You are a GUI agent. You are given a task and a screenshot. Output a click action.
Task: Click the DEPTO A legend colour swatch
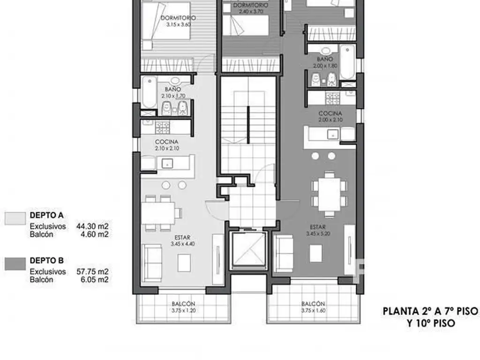coord(15,219)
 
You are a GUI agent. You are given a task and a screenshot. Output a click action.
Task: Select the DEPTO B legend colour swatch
coord(15,264)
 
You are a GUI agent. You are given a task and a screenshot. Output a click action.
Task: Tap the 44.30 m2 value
coord(92,226)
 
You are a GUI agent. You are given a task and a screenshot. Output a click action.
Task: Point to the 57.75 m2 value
coord(92,271)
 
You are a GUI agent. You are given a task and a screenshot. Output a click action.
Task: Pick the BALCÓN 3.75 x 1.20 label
coord(183,307)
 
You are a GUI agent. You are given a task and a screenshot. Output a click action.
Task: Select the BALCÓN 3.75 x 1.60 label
coord(314,307)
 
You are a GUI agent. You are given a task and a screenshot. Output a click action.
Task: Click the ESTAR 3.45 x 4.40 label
coord(183,240)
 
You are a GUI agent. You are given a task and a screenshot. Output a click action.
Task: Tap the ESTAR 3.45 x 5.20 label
coord(318,230)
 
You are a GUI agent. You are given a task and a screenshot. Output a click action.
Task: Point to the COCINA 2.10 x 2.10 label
coord(167,145)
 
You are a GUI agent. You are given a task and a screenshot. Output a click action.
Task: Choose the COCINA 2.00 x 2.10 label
coord(330,117)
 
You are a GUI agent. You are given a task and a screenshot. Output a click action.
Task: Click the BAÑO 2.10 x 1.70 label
coord(173,92)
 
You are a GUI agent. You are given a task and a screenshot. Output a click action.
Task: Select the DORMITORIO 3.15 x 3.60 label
coord(178,21)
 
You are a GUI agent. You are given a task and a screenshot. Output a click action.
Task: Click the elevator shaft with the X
coord(247,250)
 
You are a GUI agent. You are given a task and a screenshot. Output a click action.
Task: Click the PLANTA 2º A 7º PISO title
coord(430,311)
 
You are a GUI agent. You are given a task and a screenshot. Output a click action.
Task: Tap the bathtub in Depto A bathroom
coord(148,92)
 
